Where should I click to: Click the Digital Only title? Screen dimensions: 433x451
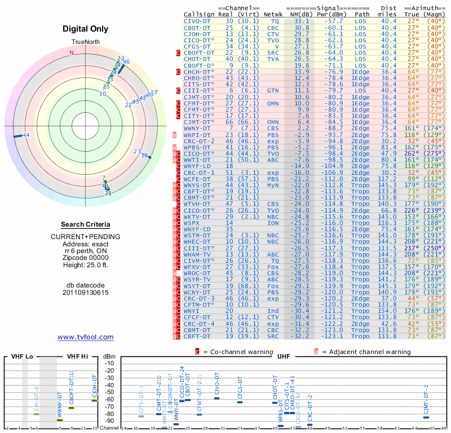[x=85, y=29]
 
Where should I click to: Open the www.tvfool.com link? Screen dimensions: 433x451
[x=85, y=337]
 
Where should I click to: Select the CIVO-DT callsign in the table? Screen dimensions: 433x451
[x=197, y=20]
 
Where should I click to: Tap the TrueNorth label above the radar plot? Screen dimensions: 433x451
[x=85, y=43]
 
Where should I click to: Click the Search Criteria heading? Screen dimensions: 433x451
[x=85, y=224]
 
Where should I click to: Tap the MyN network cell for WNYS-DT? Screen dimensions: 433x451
[x=273, y=185]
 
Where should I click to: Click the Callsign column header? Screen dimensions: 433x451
[x=200, y=14]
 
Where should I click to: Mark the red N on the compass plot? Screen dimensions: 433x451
[x=71, y=53]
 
